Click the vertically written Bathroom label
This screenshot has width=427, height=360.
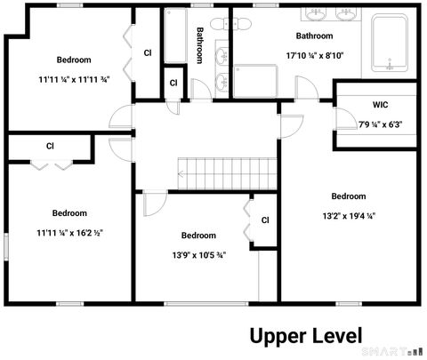pos(201,44)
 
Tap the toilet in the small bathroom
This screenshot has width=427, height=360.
pos(221,84)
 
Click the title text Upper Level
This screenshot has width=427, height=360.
pos(305,336)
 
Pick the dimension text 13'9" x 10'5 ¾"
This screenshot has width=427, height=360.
pos(197,253)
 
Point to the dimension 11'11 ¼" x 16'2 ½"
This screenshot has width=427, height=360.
pos(68,231)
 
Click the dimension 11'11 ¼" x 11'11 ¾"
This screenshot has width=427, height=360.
pos(73,78)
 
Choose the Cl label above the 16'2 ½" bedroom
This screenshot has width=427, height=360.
pos(50,145)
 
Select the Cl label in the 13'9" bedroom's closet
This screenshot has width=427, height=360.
pos(264,220)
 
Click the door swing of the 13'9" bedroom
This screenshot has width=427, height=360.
pos(154,203)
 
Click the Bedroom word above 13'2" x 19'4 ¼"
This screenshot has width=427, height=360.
pos(348,196)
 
